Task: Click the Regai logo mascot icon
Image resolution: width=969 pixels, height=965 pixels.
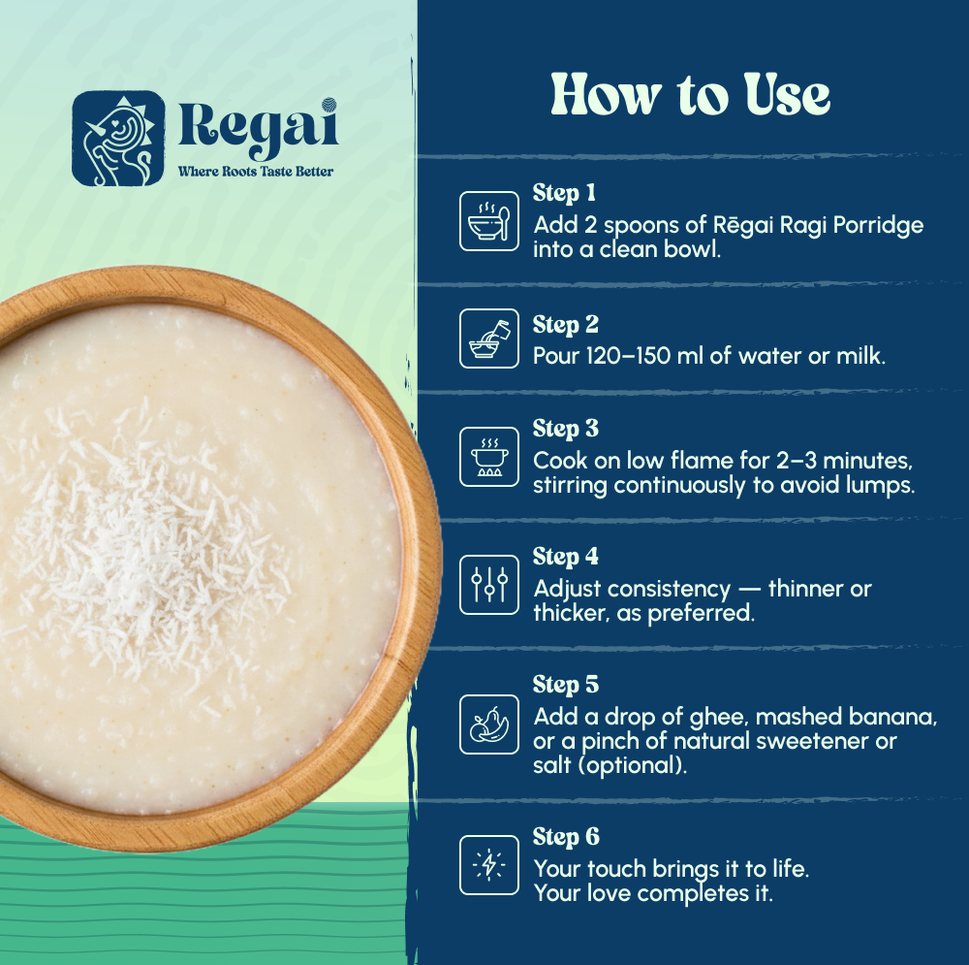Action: pyautogui.click(x=118, y=138)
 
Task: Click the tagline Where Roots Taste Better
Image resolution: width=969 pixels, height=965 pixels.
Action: pyautogui.click(x=255, y=172)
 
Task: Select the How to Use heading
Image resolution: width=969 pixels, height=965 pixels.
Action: pyautogui.click(x=691, y=94)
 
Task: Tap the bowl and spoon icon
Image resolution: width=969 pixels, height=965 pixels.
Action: pyautogui.click(x=489, y=221)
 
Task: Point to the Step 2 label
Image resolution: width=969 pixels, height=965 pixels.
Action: pyautogui.click(x=566, y=324)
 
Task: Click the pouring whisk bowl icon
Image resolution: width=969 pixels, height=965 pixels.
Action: pyautogui.click(x=489, y=338)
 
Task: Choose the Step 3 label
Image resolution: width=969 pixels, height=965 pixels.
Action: pyautogui.click(x=566, y=429)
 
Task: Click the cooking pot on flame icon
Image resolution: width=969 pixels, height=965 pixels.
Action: pyautogui.click(x=489, y=456)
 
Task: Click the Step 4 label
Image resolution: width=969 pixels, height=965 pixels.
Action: pyautogui.click(x=566, y=557)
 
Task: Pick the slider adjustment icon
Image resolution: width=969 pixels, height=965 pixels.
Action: pyautogui.click(x=489, y=584)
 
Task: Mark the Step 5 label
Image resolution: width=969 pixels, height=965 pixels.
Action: pyautogui.click(x=566, y=685)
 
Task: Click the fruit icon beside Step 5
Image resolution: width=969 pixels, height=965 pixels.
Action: pyautogui.click(x=489, y=724)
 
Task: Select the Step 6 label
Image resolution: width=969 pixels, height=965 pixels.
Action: pyautogui.click(x=566, y=837)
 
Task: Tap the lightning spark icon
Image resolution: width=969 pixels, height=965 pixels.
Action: pyautogui.click(x=489, y=864)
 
